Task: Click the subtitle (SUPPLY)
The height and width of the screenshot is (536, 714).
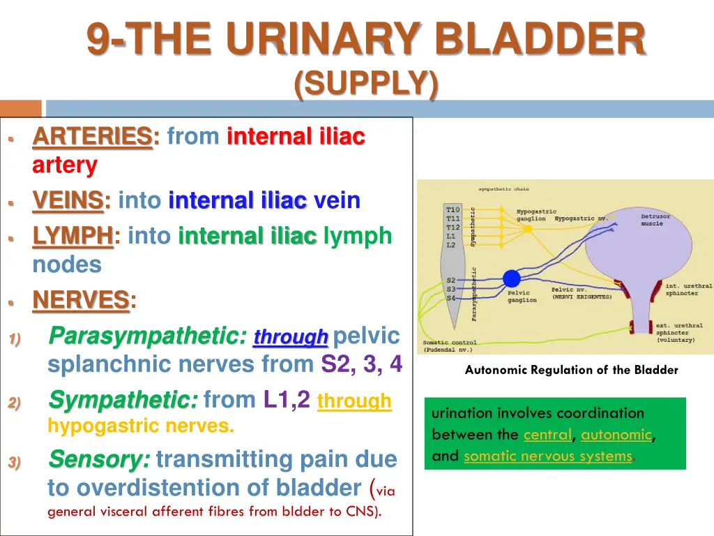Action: point(366,84)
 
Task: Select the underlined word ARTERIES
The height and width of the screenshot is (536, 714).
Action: point(92,137)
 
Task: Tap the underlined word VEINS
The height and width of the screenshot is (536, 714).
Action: point(68,201)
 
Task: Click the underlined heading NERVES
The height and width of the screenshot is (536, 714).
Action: point(81,301)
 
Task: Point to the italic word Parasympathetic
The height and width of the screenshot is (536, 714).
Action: point(147,336)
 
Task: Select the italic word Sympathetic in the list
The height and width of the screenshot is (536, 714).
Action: point(123,401)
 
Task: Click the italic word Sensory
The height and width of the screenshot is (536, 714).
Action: point(98,460)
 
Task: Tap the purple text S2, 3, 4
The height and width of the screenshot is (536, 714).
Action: point(361,364)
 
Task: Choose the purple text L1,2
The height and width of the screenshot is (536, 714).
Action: point(287,400)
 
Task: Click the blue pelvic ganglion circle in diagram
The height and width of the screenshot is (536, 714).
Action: point(512,278)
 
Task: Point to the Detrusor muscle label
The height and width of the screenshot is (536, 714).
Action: point(655,220)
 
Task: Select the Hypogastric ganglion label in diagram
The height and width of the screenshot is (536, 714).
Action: point(536,215)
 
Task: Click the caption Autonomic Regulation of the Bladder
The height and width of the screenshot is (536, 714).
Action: point(571,371)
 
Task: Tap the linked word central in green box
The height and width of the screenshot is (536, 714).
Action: point(547,435)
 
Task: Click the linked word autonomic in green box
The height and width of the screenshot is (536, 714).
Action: point(616,435)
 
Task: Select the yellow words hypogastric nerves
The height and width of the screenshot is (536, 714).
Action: point(139,426)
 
